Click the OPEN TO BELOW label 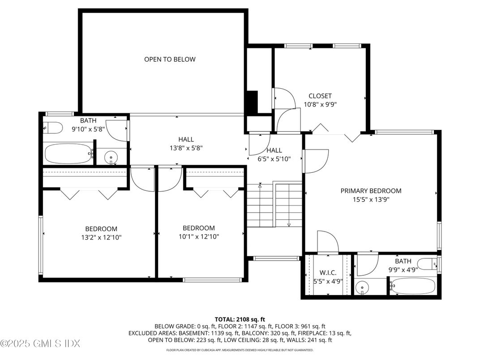170,59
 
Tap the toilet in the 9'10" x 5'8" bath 53,129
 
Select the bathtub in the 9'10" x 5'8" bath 68,154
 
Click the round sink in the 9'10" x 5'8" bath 110,157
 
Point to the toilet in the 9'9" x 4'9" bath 427,264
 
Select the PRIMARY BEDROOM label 371,191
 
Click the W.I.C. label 327,273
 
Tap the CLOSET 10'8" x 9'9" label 320,100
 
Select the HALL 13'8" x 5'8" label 185,143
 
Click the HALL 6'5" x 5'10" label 274,154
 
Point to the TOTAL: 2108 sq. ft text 240,319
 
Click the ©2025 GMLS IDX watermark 40,344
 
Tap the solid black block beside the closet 252,102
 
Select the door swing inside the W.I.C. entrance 327,242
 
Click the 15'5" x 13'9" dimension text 371,200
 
